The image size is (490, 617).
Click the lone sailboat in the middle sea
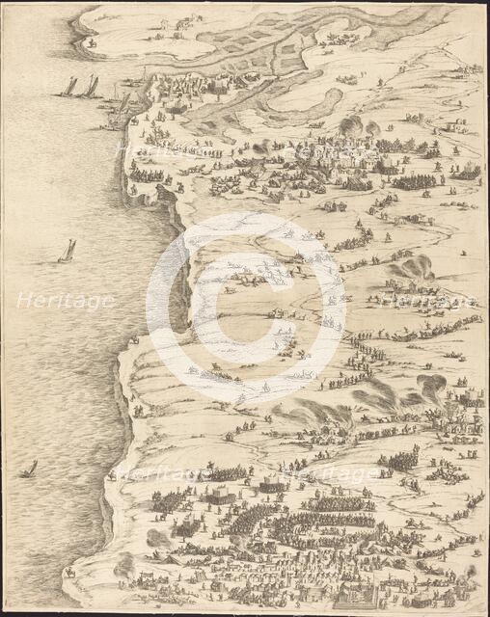pyautogui.click(x=68, y=251)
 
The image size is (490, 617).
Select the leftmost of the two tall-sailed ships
pyautogui.click(x=70, y=87)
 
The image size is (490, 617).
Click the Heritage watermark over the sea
pyautogui.click(x=65, y=301)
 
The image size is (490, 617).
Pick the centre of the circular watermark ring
pyautogui.click(x=246, y=308)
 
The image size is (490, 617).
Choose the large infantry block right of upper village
pyautogui.click(x=413, y=180)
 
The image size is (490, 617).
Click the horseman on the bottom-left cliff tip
pyautogui.click(x=69, y=572)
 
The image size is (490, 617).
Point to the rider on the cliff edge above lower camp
pyautogui.click(x=114, y=474)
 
